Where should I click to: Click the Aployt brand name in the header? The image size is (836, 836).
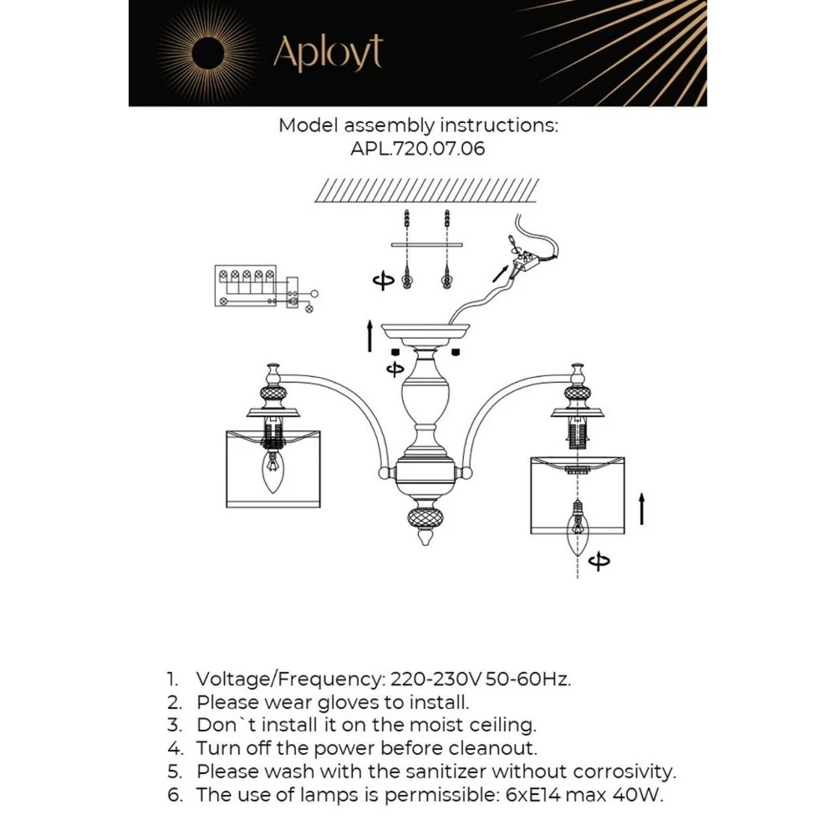tap(327, 54)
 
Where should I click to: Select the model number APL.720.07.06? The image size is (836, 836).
tap(418, 150)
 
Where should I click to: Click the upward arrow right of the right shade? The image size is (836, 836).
tap(641, 508)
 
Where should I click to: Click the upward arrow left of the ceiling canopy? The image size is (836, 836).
tap(369, 334)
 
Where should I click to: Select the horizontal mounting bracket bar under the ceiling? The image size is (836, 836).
tap(426, 246)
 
